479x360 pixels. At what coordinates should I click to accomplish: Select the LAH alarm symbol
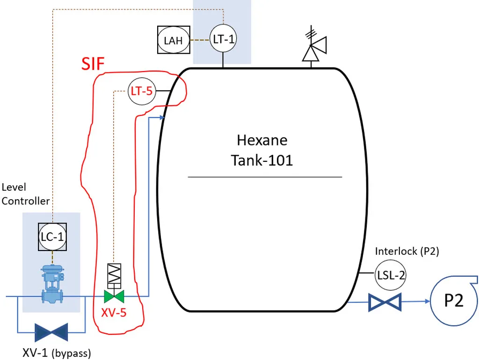[173, 40]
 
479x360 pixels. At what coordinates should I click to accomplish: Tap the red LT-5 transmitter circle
[141, 91]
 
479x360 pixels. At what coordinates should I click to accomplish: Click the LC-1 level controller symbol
[51, 237]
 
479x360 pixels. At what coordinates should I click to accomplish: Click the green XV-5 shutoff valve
[114, 296]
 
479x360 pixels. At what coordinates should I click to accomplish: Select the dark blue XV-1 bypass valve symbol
[51, 332]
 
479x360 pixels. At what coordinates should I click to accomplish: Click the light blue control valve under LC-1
[51, 285]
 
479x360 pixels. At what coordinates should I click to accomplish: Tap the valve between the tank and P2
[385, 302]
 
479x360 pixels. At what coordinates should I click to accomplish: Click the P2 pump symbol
[453, 300]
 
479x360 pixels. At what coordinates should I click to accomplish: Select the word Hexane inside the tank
[262, 140]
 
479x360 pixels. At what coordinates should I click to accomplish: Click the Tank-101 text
[262, 160]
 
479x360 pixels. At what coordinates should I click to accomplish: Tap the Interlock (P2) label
[407, 251]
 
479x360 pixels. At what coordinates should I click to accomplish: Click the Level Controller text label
[25, 194]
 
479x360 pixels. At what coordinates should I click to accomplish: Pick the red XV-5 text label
[114, 313]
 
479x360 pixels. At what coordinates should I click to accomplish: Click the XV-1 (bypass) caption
[57, 352]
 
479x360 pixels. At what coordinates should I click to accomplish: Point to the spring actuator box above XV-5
[114, 276]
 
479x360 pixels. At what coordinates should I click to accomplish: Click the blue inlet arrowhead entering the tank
[161, 118]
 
